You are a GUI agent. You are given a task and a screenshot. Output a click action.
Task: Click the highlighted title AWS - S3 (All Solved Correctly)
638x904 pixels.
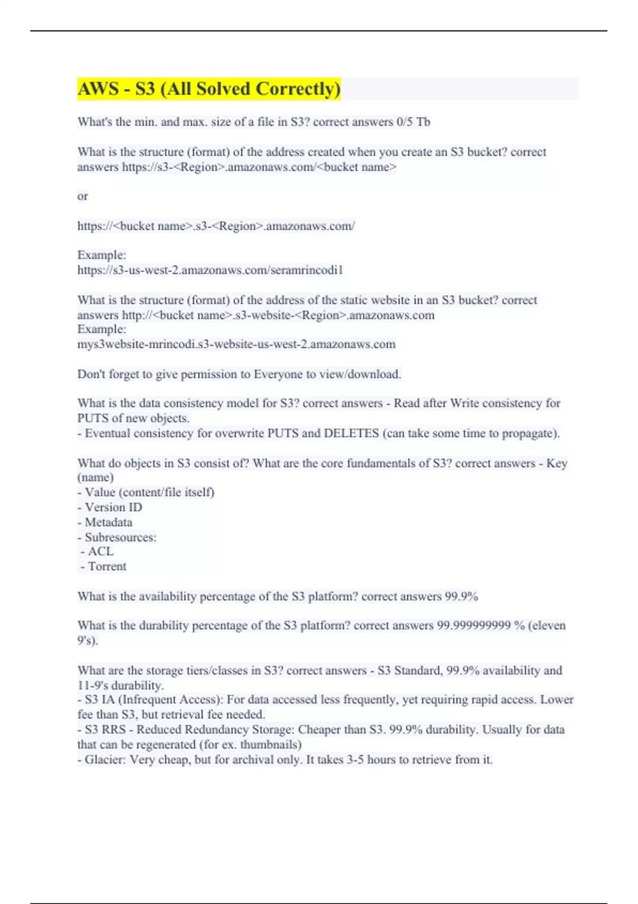(209, 89)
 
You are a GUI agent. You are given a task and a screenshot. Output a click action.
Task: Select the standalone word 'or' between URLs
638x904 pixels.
(82, 196)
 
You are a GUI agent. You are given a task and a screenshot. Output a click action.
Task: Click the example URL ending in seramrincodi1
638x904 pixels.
(210, 270)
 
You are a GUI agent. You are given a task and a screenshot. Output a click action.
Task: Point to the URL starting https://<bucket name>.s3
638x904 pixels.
(216, 226)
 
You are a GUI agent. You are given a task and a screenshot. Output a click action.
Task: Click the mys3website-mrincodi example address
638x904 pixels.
(236, 344)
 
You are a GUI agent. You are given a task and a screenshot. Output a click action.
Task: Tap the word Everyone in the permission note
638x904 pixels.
(278, 374)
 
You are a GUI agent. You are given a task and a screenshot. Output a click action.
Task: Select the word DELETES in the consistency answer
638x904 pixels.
(351, 433)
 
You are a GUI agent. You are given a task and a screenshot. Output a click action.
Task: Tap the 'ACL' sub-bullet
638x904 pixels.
(100, 551)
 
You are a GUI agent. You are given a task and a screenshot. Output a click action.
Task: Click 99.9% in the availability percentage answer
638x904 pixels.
(461, 597)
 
